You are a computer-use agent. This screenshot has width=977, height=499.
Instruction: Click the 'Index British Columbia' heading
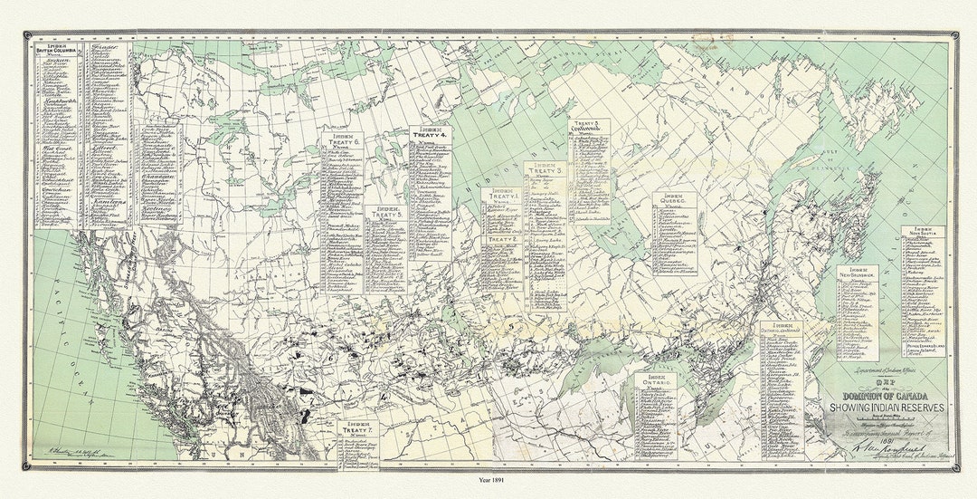[x=56, y=50]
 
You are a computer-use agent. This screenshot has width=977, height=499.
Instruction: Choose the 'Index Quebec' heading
[x=672, y=200]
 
